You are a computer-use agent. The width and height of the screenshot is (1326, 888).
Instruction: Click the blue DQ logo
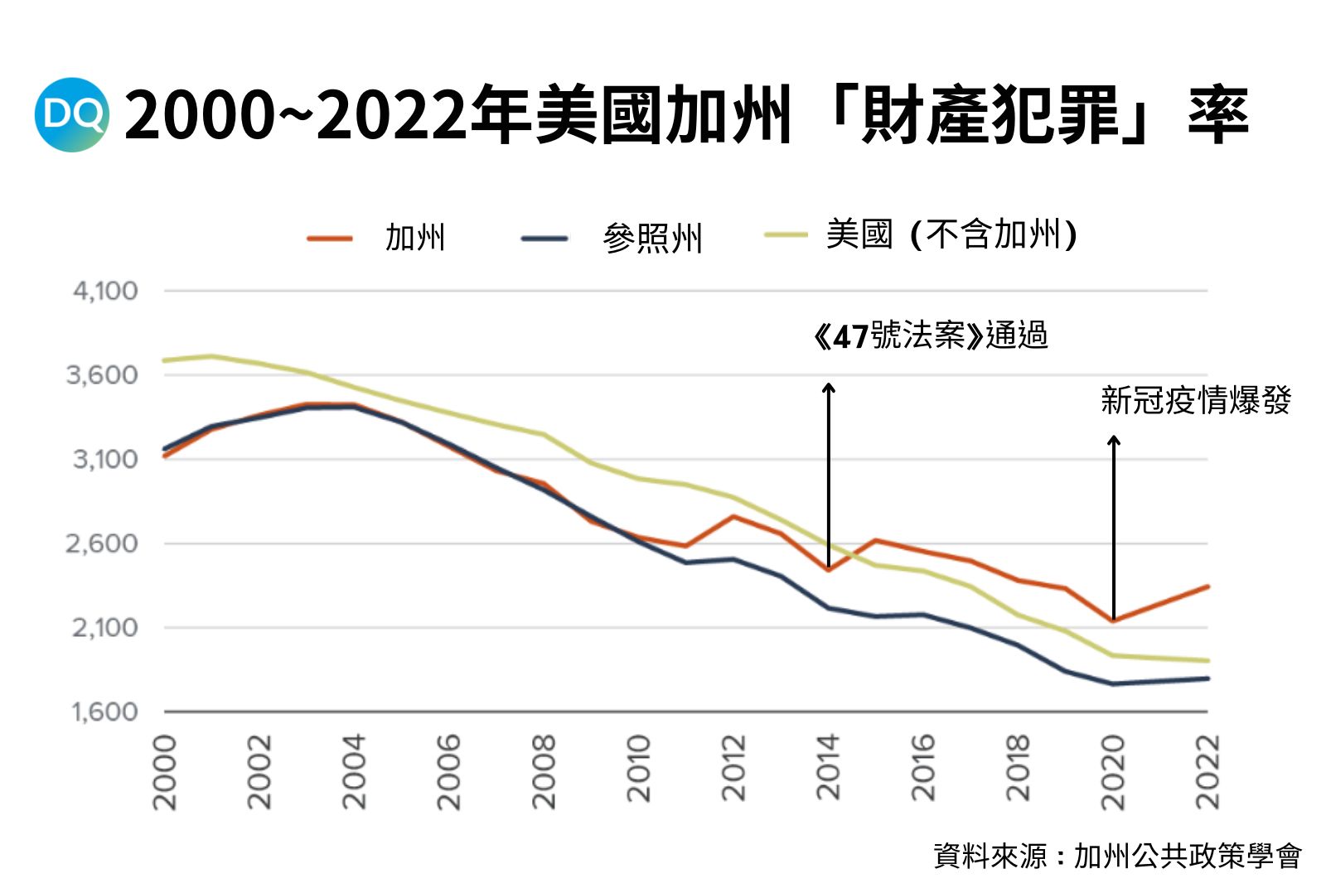(72, 114)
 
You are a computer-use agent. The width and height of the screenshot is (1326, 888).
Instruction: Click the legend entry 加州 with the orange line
(377, 238)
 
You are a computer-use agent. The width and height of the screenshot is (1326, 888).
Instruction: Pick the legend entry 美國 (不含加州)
(920, 234)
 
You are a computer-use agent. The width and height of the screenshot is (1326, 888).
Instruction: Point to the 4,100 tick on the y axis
(105, 291)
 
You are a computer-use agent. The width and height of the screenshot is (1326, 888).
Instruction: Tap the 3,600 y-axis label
(103, 375)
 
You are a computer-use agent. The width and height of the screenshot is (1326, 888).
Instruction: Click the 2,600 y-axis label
(103, 543)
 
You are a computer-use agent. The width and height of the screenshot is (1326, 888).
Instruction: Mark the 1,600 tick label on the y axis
(104, 712)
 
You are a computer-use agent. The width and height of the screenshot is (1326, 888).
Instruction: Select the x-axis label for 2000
(166, 771)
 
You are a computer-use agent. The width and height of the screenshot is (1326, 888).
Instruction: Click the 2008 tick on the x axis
(544, 771)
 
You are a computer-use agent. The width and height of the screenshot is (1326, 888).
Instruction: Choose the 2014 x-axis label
(829, 766)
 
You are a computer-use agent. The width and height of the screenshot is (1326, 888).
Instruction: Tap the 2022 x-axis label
(1207, 771)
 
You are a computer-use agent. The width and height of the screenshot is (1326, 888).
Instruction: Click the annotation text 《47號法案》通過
(930, 335)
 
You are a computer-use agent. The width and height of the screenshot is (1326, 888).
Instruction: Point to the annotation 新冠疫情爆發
(1195, 400)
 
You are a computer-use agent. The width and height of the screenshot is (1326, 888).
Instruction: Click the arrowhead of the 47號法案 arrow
(829, 387)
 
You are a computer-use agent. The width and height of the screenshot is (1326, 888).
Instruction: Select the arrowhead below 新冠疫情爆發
(1114, 439)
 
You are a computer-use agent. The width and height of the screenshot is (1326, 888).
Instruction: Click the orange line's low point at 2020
(1113, 620)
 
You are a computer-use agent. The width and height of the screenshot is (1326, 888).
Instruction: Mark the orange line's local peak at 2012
(733, 516)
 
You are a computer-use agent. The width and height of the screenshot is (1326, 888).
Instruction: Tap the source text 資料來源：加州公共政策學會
(1117, 856)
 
